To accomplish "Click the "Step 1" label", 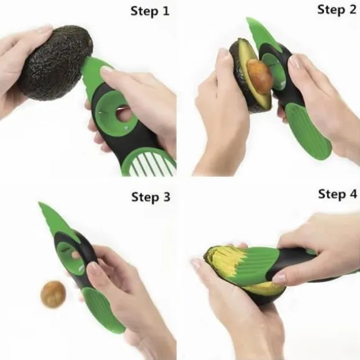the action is pos(150,11).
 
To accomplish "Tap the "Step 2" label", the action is pos(336,10).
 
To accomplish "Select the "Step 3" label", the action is pos(151,197).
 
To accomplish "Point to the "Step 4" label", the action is pos(338,194).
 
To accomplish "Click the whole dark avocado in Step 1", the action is pos(56,63).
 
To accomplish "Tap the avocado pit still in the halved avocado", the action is pos(259,76).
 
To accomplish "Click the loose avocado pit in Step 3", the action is pos(53,294).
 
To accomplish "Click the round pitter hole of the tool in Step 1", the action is pos(123,114).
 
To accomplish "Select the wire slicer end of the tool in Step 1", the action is pos(149,163).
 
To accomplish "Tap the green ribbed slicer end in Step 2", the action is pos(308,131).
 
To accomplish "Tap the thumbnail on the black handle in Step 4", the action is pos(279,277).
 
